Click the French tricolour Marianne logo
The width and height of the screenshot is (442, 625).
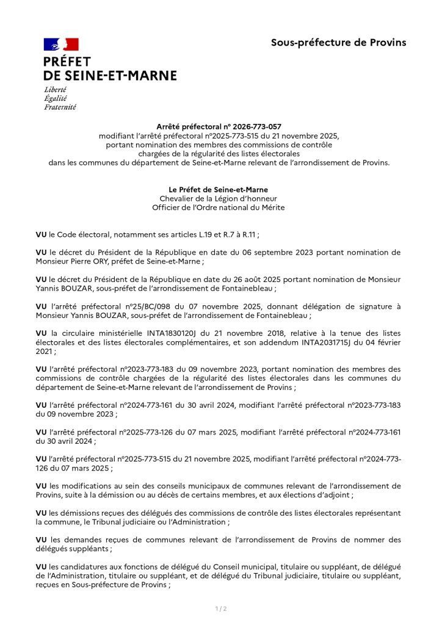[x=61, y=44]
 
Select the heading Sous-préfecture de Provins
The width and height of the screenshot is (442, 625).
[x=338, y=42]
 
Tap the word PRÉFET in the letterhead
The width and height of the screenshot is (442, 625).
[x=67, y=62]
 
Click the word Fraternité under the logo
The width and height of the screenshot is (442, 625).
[x=60, y=107]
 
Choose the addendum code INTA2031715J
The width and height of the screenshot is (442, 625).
[x=321, y=342]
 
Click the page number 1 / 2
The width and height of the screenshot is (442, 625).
[x=220, y=609]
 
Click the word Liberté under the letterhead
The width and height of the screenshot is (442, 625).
[x=55, y=90]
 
